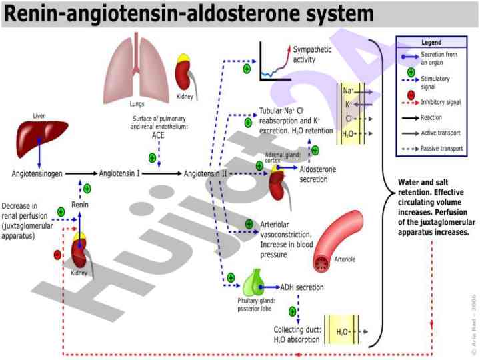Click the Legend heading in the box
tap(431, 42)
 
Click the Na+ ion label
tap(348, 90)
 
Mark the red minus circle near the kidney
tap(58, 254)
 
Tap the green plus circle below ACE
tap(152, 158)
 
